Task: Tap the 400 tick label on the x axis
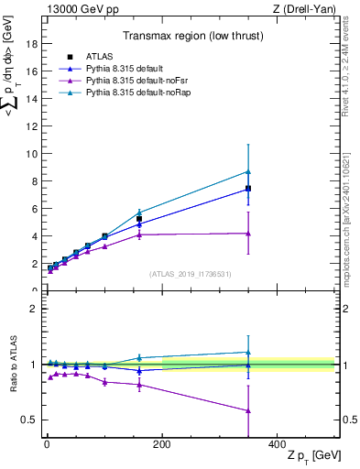[277, 444]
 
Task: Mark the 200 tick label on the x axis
[161, 444]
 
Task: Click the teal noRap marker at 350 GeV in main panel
[247, 171]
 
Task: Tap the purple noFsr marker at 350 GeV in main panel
[247, 234]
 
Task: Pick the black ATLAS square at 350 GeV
[247, 189]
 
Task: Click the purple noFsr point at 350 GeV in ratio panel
[247, 410]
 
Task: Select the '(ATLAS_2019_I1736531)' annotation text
[190, 274]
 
